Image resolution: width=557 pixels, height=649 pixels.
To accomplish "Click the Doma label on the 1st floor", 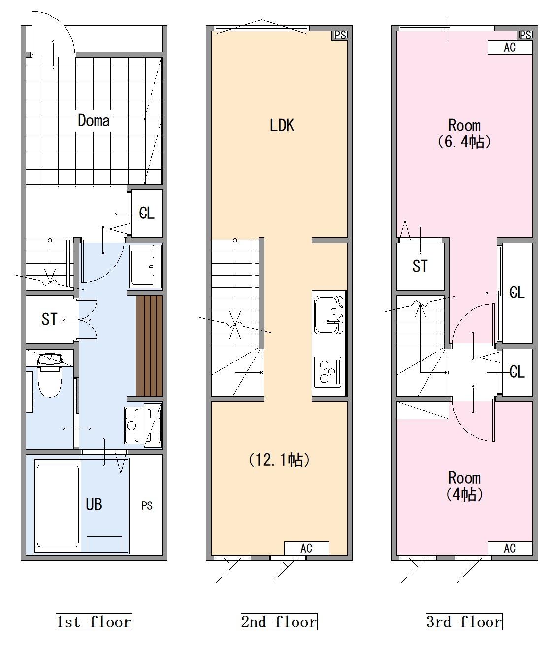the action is click(94, 121).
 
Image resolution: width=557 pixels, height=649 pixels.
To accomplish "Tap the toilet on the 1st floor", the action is click(50, 375).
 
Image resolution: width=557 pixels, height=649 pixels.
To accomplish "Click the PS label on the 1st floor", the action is click(147, 506).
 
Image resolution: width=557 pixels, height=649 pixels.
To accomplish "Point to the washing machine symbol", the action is click(143, 426).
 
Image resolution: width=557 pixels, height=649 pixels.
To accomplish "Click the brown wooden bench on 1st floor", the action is click(149, 346).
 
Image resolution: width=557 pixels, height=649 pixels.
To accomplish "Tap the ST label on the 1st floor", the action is click(49, 319).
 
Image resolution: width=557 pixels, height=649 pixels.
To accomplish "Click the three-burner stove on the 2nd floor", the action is click(328, 372).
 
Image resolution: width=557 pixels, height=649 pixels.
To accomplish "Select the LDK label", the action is click(282, 125).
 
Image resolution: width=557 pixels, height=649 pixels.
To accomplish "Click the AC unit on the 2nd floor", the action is click(306, 548).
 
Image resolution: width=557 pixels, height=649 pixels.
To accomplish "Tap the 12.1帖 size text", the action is click(279, 460).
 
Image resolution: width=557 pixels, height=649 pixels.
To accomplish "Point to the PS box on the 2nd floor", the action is click(340, 35).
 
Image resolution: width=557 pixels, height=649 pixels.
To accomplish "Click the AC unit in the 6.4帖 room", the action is click(510, 48).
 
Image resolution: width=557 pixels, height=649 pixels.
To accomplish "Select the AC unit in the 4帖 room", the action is click(510, 548).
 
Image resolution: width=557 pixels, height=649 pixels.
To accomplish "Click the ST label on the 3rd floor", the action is click(420, 266).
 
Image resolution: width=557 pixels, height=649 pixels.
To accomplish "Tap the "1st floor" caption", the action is click(94, 622).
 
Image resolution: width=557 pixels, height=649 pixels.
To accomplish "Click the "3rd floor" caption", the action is click(464, 622).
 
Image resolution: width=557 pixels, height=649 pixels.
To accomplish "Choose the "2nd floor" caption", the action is click(279, 622).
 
